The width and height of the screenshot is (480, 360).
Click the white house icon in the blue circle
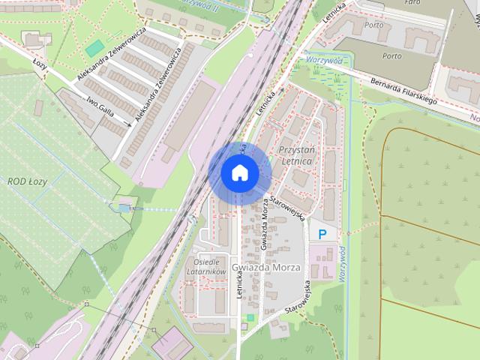click(x=239, y=172)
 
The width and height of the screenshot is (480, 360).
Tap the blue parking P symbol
click(x=322, y=235)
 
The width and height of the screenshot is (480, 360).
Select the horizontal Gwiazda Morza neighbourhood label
click(x=265, y=268)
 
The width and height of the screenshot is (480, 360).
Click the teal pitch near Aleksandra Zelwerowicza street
click(x=94, y=48)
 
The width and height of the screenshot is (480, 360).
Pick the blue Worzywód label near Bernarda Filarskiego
click(x=322, y=59)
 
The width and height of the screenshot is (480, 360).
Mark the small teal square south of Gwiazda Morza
click(x=250, y=318)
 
